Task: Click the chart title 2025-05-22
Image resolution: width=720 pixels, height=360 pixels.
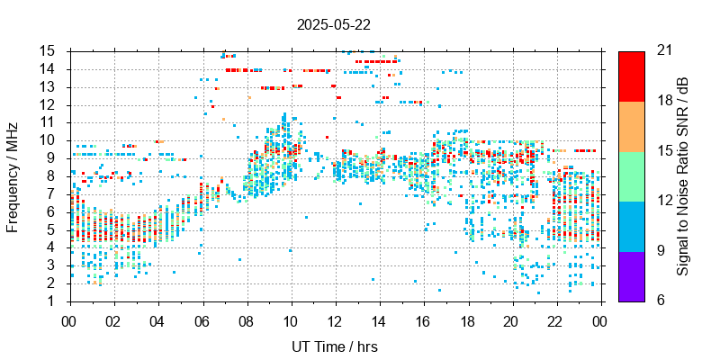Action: [x=333, y=24]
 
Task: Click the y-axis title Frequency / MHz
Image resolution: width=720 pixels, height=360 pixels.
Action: [x=13, y=175]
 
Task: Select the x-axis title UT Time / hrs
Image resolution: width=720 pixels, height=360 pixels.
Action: [x=335, y=346]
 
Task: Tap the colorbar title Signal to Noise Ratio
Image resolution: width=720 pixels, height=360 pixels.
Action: [x=684, y=175]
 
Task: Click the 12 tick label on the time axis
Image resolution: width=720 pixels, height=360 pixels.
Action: [x=335, y=320]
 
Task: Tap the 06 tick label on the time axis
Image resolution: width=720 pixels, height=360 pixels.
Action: [x=202, y=320]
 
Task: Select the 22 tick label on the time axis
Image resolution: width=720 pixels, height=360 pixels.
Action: [x=556, y=320]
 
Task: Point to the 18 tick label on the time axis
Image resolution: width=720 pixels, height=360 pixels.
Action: [x=468, y=320]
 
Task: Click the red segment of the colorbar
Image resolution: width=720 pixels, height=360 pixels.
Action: [x=632, y=76]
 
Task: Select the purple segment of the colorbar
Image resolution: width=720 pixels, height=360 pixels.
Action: [x=632, y=275]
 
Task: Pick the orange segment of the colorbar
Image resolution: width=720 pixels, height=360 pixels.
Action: [x=632, y=125]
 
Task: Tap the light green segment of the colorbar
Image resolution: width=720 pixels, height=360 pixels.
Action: [x=632, y=175]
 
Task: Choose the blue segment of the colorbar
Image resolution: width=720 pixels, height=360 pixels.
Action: [x=632, y=225]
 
